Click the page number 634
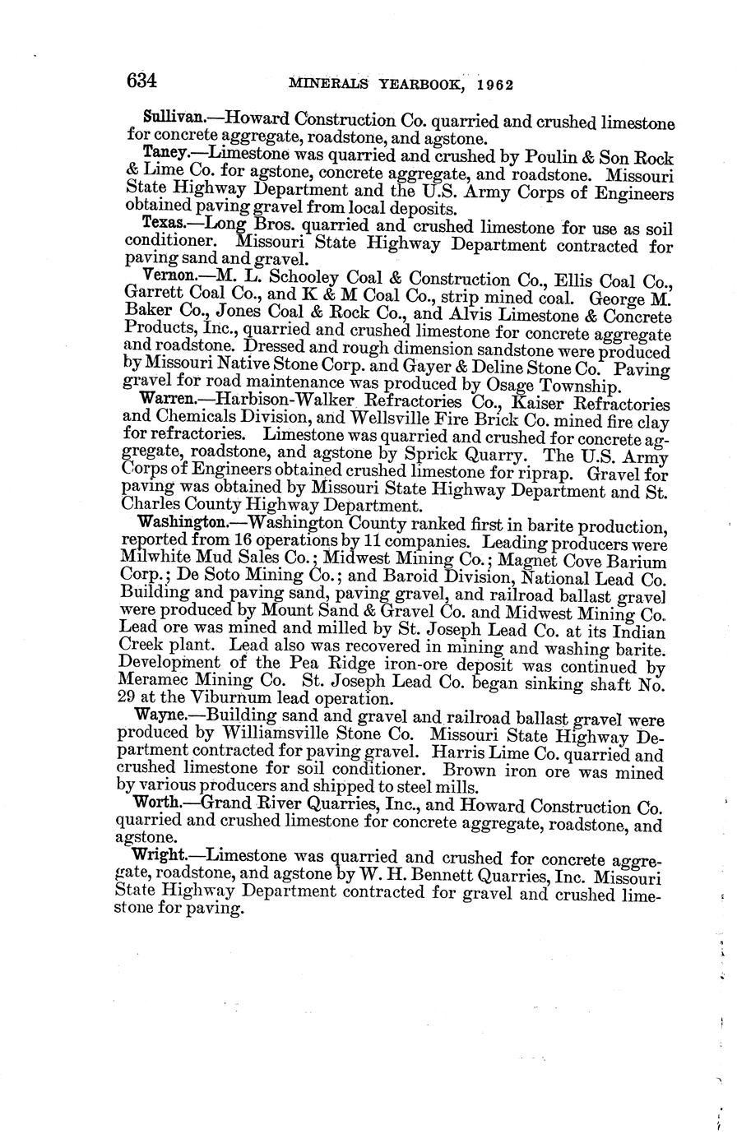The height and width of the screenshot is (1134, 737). click(x=141, y=80)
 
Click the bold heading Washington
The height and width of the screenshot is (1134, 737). click(x=179, y=521)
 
